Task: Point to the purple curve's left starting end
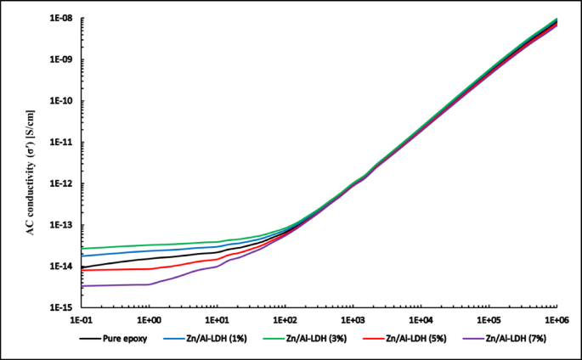tap(82, 286)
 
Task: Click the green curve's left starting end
tap(82, 249)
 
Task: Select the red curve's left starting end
tap(82, 271)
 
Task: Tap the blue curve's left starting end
tap(82, 256)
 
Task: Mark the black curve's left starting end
tap(82, 267)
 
